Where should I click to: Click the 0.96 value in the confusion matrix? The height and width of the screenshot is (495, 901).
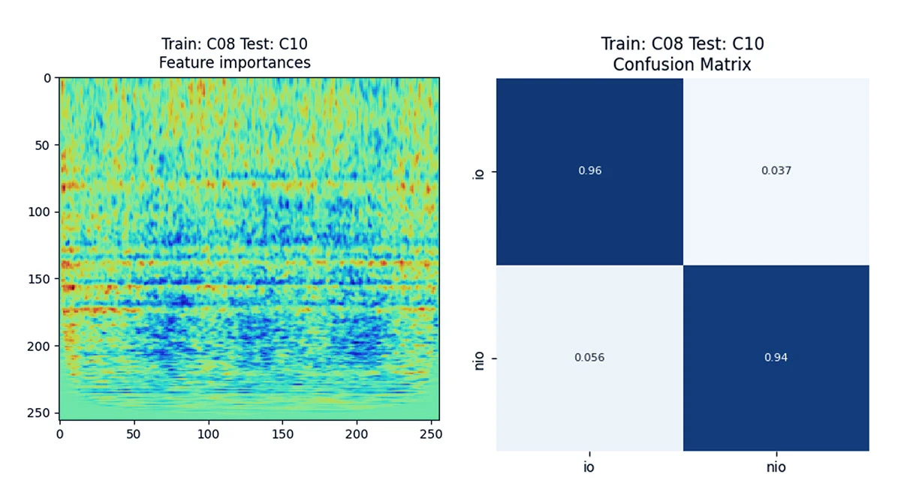tap(589, 171)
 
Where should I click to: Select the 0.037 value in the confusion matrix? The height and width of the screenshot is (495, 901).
tap(776, 171)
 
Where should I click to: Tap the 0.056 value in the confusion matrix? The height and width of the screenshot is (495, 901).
tap(589, 358)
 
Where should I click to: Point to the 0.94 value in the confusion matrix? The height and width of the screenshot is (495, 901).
tap(776, 358)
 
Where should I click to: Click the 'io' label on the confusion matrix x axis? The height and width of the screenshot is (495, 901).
tap(589, 466)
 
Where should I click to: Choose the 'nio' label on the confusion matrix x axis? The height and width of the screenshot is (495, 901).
tap(776, 466)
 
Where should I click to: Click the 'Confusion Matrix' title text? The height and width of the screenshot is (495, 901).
tap(682, 64)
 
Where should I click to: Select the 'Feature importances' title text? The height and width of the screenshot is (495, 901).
tap(234, 63)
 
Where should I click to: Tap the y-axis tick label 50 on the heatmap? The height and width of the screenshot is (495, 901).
tap(41, 145)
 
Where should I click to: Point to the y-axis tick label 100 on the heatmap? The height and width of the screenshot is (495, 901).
tap(38, 212)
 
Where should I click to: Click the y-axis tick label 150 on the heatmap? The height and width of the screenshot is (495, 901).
tap(38, 279)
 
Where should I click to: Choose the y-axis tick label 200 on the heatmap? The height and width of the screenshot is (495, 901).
tap(38, 346)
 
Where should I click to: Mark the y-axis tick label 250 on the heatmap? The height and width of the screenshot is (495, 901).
tap(38, 413)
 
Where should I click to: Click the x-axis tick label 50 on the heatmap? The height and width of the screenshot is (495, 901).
tap(134, 433)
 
